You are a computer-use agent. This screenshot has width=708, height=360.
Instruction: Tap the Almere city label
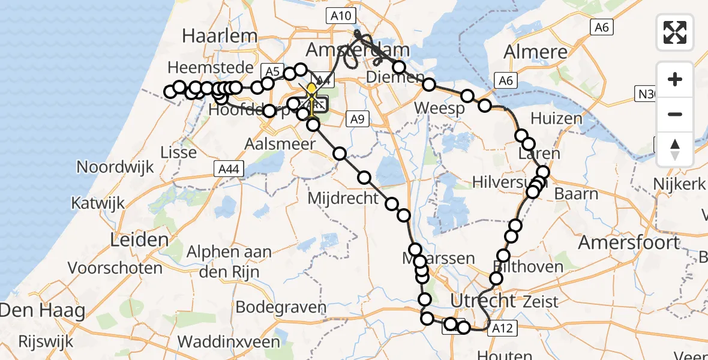click(x=536, y=52)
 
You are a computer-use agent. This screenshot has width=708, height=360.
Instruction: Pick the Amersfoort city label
click(x=628, y=242)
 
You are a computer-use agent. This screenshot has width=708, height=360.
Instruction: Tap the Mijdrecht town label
click(x=343, y=197)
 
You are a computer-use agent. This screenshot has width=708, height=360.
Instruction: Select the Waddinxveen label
click(x=229, y=342)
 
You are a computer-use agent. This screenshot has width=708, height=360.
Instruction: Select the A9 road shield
click(x=356, y=119)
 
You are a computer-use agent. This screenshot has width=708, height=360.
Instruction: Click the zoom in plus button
click(x=675, y=79)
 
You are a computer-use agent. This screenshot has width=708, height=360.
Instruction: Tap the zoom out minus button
click(x=675, y=114)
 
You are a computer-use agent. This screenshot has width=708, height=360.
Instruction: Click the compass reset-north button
click(x=675, y=148)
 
